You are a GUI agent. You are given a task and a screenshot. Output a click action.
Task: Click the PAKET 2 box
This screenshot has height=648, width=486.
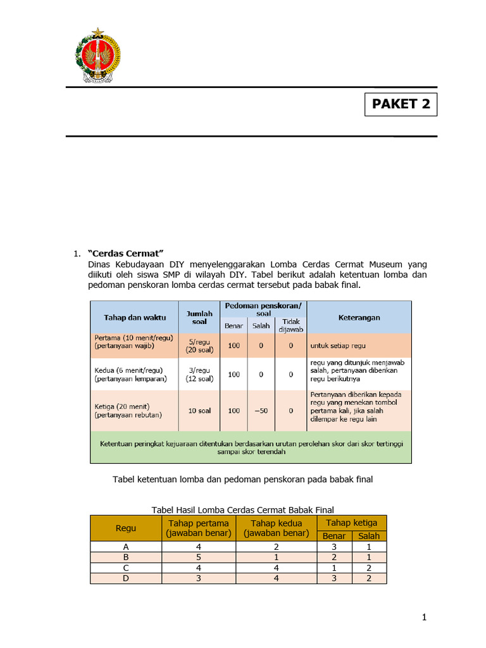pyautogui.click(x=401, y=104)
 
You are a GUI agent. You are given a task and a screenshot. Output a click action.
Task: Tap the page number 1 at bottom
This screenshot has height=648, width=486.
pyautogui.click(x=425, y=617)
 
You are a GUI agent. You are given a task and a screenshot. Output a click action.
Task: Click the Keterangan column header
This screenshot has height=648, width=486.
pyautogui.click(x=359, y=317)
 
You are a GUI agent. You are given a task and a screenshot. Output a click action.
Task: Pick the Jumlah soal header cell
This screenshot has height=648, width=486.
pyautogui.click(x=200, y=317)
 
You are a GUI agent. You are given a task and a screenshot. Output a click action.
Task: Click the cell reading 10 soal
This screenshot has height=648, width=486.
pyautogui.click(x=200, y=410)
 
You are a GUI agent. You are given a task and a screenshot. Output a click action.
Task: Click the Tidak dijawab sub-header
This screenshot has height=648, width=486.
pyautogui.click(x=290, y=325)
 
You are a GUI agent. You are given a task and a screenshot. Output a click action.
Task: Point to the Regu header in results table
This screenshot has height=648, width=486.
pyautogui.click(x=126, y=528)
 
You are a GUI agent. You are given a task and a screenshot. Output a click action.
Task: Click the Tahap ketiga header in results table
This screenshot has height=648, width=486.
pyautogui.click(x=351, y=523)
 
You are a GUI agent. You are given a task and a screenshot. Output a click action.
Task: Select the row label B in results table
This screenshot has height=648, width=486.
pyautogui.click(x=126, y=558)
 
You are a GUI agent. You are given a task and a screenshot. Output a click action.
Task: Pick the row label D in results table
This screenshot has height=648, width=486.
pyautogui.click(x=126, y=578)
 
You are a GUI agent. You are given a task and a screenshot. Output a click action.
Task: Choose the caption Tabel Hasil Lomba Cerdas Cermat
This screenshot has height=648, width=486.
pyautogui.click(x=243, y=509)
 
